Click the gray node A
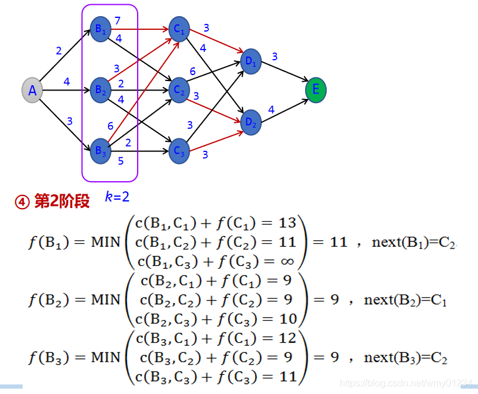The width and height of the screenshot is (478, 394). (33, 91)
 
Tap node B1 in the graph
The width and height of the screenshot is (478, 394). (100, 31)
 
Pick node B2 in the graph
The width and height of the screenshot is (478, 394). (100, 91)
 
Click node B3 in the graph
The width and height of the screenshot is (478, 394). (100, 150)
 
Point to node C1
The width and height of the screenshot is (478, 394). (178, 29)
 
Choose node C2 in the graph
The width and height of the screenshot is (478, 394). (178, 91)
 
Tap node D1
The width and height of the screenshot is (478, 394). (250, 62)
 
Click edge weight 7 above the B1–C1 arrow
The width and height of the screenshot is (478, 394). (117, 21)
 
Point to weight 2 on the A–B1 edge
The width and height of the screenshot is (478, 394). (58, 51)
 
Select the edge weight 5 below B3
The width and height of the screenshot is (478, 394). (120, 160)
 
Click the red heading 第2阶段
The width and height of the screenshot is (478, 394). (61, 201)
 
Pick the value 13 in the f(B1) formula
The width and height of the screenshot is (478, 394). (287, 224)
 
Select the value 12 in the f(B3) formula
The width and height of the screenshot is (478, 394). (287, 339)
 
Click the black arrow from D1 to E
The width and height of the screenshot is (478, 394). (283, 72)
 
